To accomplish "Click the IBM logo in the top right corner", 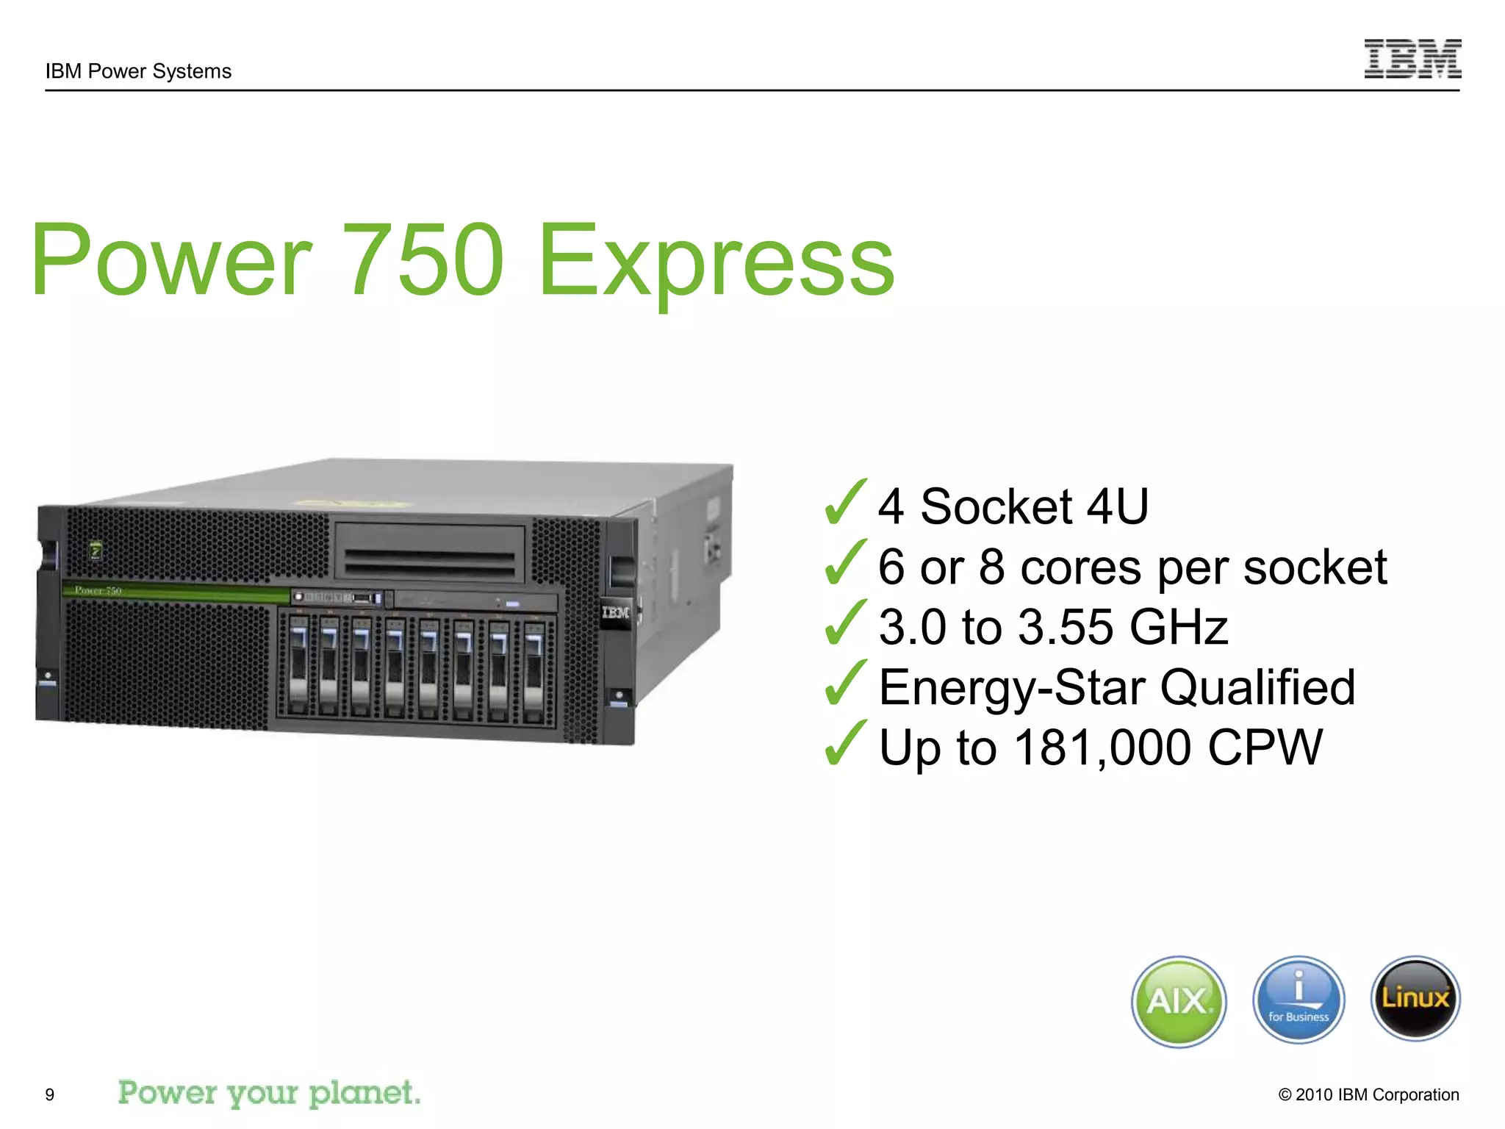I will coord(1412,59).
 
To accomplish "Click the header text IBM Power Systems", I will coord(138,71).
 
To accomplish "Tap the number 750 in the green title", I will coord(424,260).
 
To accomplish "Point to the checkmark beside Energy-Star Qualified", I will coord(845,683).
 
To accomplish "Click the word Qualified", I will coord(1257,687).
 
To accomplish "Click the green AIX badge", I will coord(1179,1001).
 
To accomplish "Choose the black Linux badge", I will coord(1415,999).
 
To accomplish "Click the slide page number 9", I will coord(50,1094).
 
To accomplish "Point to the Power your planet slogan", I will coord(269,1093).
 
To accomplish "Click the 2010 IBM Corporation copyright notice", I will coord(1368,1094).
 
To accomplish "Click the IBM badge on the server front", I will coord(615,612).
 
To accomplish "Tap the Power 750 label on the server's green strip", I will coord(98,590).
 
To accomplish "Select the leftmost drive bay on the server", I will coord(298,665).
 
